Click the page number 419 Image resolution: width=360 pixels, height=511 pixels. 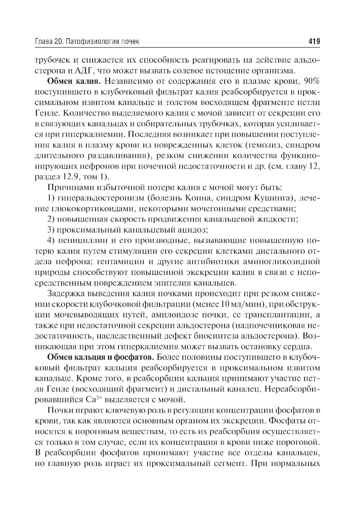click(x=314, y=42)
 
